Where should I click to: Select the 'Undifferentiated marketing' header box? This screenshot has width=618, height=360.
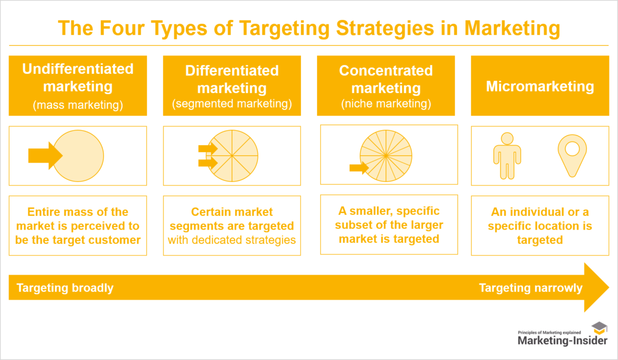click(x=78, y=86)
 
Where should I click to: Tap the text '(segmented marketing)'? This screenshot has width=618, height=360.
click(x=232, y=104)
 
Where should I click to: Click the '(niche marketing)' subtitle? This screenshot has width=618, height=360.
click(x=386, y=104)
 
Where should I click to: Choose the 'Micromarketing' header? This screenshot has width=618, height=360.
click(x=540, y=86)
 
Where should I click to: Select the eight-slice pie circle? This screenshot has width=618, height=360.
click(x=232, y=155)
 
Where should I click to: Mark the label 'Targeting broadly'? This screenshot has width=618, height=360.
click(x=65, y=288)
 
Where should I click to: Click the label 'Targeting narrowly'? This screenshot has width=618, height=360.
click(x=530, y=288)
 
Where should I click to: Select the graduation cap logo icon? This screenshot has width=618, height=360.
click(x=599, y=328)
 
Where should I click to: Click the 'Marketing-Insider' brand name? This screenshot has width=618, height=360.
click(x=562, y=340)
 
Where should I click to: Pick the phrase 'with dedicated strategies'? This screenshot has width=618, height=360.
click(x=232, y=240)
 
